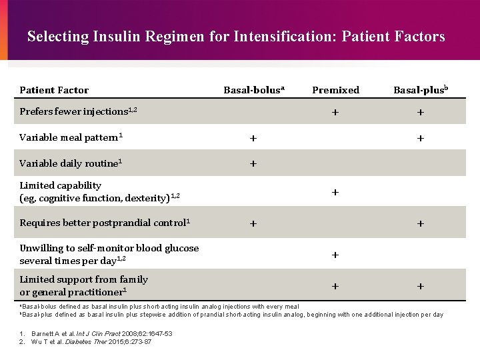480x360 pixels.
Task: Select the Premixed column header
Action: (335, 90)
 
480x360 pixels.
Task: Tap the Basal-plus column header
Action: (420, 90)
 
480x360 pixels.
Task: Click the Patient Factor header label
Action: (54, 90)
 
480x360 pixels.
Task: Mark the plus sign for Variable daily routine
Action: (253, 163)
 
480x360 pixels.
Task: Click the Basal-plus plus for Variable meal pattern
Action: (421, 139)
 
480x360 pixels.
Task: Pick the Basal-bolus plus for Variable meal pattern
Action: (253, 139)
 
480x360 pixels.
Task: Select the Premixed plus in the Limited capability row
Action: (335, 192)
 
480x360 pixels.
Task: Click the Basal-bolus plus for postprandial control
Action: (253, 223)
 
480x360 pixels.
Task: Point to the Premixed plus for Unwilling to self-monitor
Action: (335, 255)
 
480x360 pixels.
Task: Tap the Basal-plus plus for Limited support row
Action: (421, 286)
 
